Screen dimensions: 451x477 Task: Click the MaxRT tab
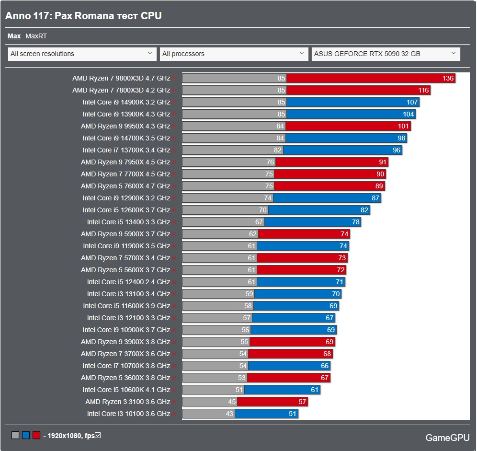pyautogui.click(x=36, y=36)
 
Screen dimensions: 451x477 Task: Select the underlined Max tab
pyautogui.click(x=14, y=36)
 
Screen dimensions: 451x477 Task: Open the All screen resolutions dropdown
pyautogui.click(x=82, y=54)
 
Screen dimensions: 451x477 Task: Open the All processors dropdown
pyautogui.click(x=234, y=54)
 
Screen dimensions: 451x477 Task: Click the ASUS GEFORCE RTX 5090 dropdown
pyautogui.click(x=386, y=54)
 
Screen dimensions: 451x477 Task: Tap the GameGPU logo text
pyautogui.click(x=447, y=438)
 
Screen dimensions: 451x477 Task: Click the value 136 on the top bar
pyautogui.click(x=448, y=78)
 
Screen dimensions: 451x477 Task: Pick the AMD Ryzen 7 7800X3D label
pyautogui.click(x=121, y=90)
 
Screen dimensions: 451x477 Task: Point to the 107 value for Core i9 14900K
pyautogui.click(x=412, y=102)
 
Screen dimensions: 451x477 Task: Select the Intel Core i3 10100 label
pyautogui.click(x=128, y=414)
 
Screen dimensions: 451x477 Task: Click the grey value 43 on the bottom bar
pyautogui.click(x=229, y=414)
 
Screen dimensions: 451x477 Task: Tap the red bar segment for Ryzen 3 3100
pyautogui.click(x=273, y=402)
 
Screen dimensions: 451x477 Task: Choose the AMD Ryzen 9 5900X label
pyautogui.click(x=125, y=234)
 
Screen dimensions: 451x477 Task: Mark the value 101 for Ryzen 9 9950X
pyautogui.click(x=403, y=126)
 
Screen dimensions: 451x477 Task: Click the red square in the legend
pyautogui.click(x=36, y=436)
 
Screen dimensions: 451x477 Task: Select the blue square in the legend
pyautogui.click(x=26, y=436)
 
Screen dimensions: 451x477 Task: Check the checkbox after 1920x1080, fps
pyautogui.click(x=98, y=435)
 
